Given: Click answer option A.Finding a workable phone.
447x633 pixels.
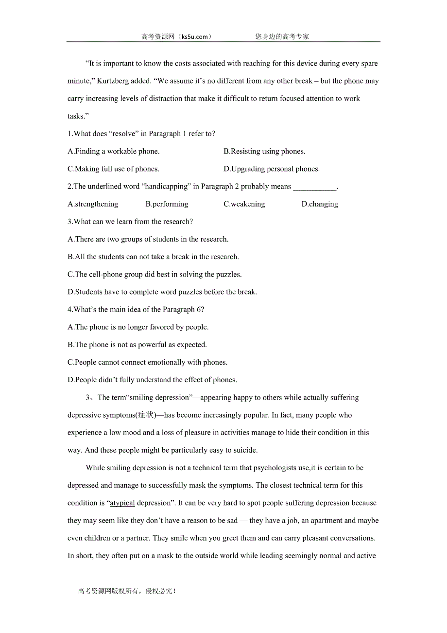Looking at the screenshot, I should [x=114, y=151].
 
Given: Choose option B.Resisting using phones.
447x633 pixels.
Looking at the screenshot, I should [x=264, y=151].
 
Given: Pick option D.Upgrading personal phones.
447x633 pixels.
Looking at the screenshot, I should [x=272, y=169].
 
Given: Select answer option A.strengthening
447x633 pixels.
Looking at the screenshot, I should [x=93, y=204].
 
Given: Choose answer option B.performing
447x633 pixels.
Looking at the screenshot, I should [x=167, y=204].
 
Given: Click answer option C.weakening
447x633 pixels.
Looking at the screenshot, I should [x=244, y=204].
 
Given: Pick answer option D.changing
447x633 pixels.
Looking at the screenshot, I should [x=320, y=204].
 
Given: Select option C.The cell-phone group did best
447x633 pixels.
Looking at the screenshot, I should [x=155, y=274].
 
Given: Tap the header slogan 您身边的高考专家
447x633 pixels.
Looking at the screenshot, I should [x=282, y=36].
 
